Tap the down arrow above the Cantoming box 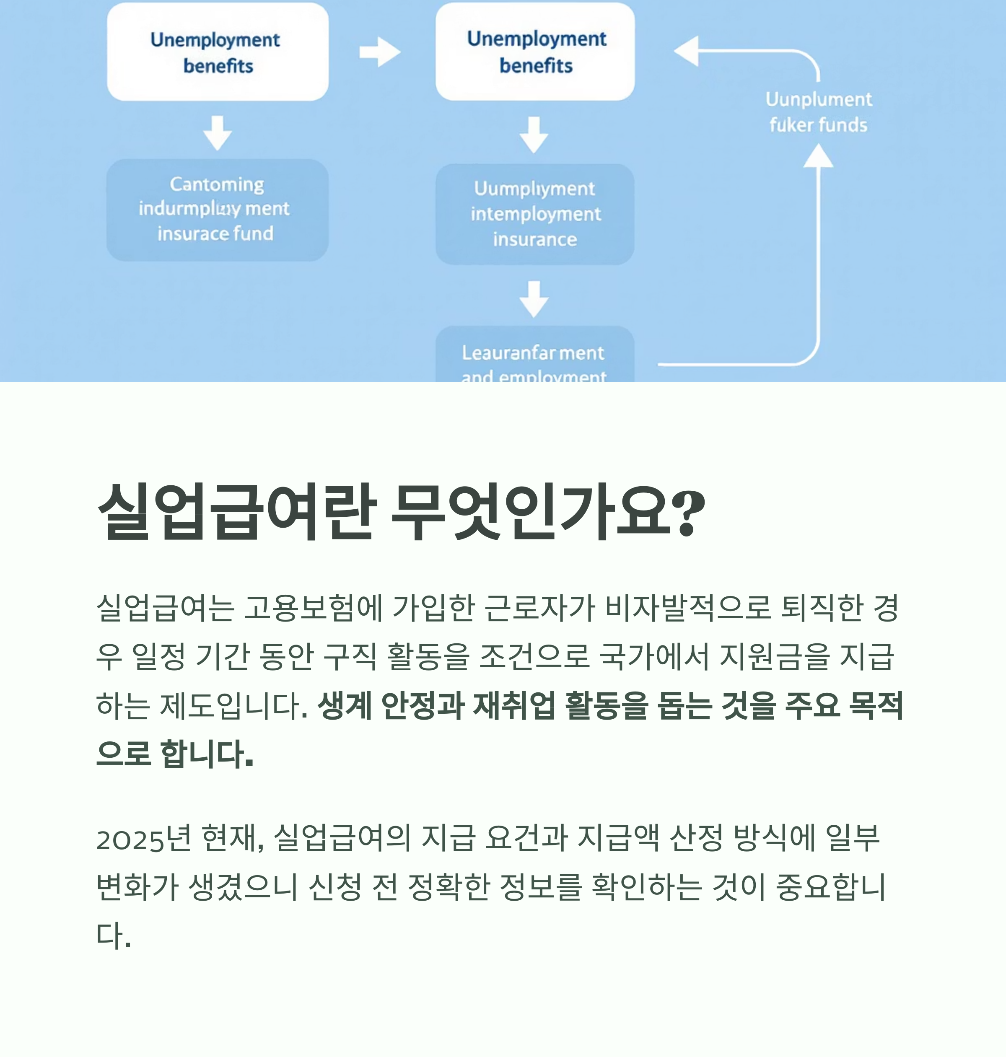point(217,133)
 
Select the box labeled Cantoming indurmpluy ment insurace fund point(217,210)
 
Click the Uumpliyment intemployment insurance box point(534,214)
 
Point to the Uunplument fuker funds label point(818,112)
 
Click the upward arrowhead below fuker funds point(818,157)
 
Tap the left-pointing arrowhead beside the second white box point(687,52)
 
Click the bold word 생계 point(344,705)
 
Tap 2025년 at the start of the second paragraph point(143,838)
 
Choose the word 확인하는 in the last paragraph point(646,886)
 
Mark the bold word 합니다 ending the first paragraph point(207,754)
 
